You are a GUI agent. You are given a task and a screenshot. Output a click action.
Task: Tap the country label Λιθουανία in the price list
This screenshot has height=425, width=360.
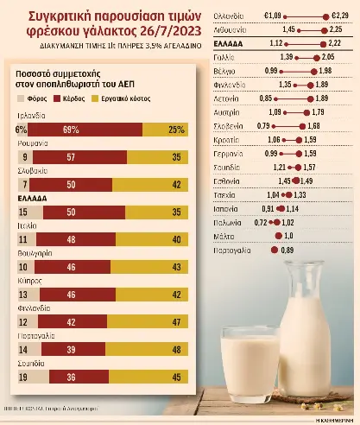[217, 29]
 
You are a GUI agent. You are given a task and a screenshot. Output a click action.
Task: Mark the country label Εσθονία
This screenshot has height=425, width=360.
[218, 158]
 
